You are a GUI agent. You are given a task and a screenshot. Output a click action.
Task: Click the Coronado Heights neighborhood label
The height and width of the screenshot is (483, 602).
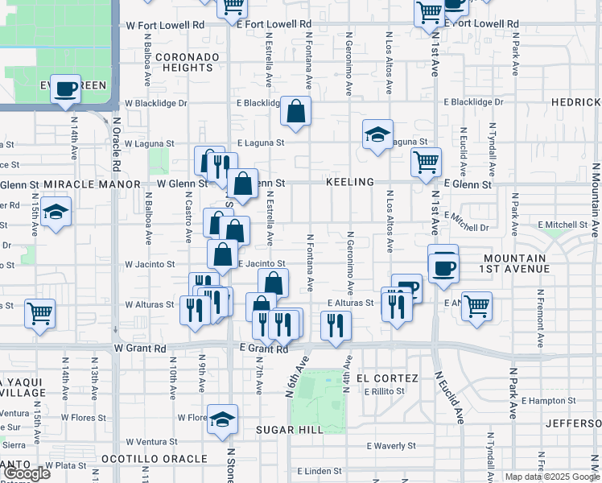187,63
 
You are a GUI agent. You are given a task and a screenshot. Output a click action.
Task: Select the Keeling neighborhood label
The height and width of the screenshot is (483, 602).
350,183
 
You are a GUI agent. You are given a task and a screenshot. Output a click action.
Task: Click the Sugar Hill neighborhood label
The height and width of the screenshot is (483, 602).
290,430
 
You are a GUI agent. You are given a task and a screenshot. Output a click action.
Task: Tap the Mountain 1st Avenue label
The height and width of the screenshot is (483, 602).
516,263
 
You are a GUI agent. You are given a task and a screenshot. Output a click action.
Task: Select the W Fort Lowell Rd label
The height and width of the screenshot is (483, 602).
166,25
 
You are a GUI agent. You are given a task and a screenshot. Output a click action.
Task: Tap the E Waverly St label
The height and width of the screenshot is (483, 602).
390,445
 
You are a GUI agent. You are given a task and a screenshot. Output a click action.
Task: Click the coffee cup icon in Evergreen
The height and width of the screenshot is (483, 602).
66,88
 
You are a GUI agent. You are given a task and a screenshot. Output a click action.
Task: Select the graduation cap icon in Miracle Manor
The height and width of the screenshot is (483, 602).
54,213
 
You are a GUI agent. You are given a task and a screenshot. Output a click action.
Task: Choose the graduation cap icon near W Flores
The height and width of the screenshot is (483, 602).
223,419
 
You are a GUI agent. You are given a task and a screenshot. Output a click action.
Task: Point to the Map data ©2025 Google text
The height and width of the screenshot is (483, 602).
551,477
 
